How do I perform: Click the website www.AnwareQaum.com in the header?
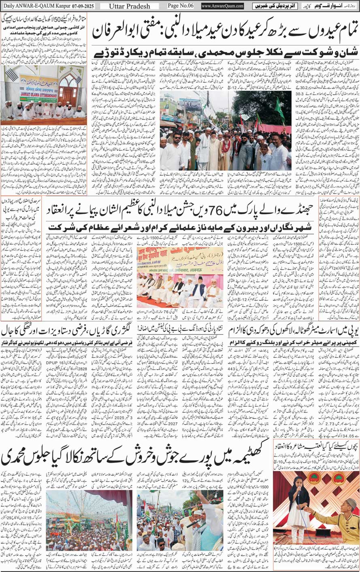[x=222, y=6]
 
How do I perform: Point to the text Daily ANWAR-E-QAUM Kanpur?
[x=44, y=6]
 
